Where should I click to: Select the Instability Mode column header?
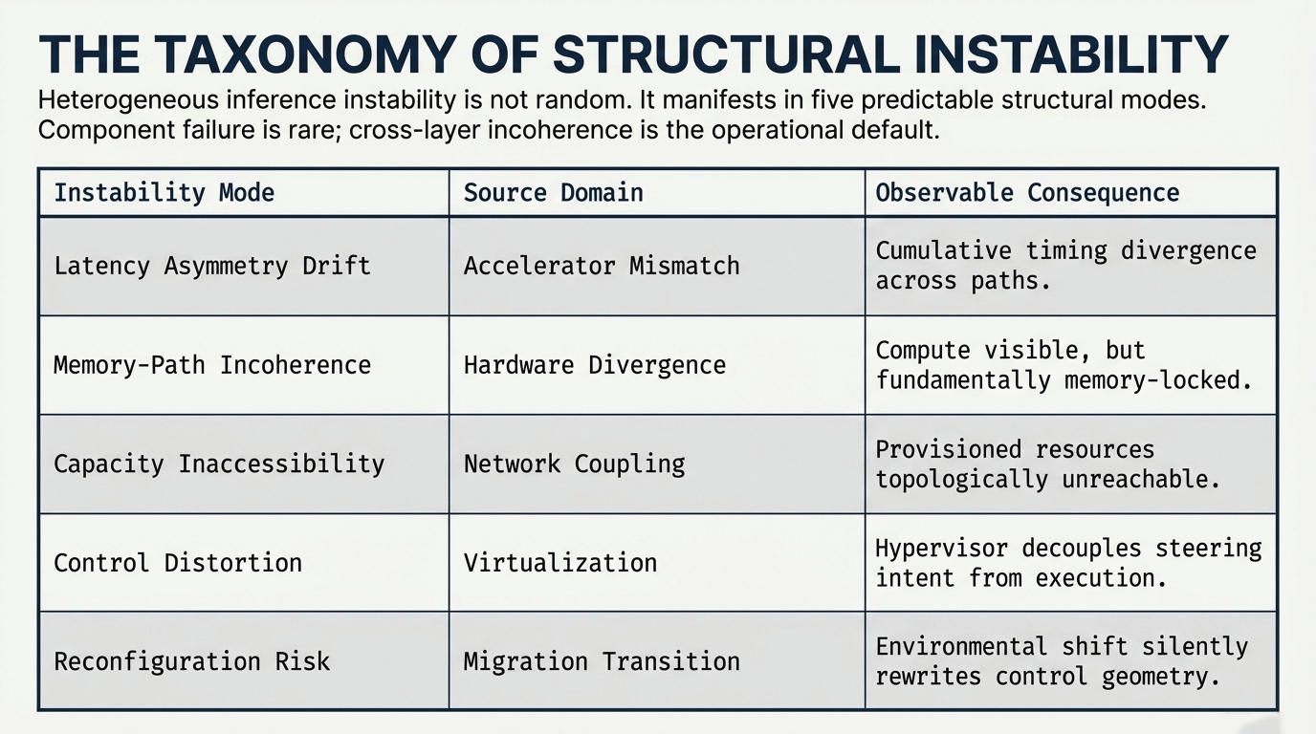[164, 193]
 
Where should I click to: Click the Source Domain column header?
[553, 193]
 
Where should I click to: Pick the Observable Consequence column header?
[1027, 193]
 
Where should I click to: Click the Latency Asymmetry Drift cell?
[211, 266]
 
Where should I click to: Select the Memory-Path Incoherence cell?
[211, 365]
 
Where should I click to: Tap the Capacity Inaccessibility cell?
[218, 464]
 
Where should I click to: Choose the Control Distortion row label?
[177, 563]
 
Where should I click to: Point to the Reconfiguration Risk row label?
[191, 661]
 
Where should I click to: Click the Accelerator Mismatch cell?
[602, 266]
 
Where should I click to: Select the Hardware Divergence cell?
[595, 365]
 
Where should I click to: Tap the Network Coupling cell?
[575, 464]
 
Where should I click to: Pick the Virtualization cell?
[560, 563]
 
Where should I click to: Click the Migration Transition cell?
[602, 661]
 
